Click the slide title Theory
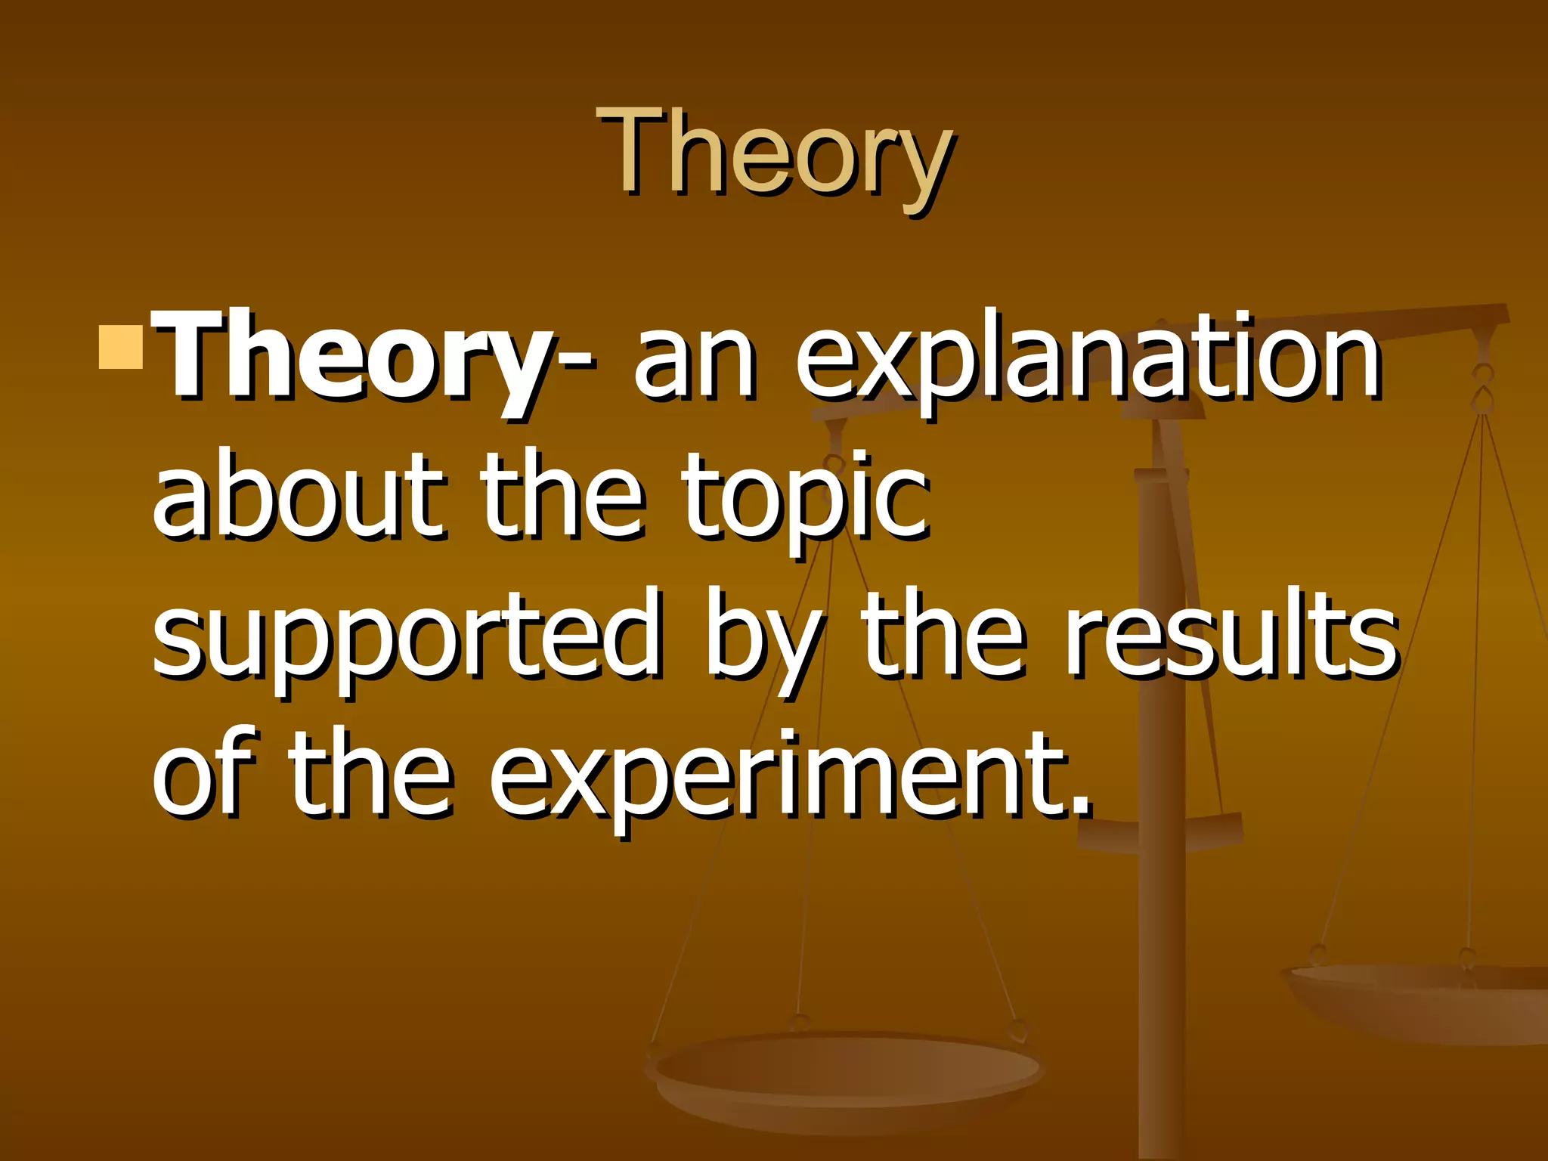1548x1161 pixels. tap(774, 155)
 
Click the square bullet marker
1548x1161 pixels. tap(121, 347)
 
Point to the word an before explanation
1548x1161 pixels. tap(693, 361)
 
